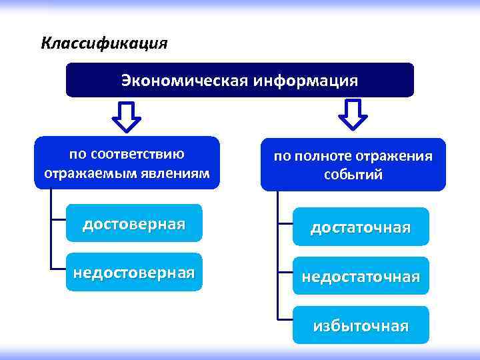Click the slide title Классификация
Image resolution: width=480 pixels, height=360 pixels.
tap(104, 44)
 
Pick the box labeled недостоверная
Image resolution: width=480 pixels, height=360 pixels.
tap(134, 272)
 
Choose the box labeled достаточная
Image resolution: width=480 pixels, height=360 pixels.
tap(361, 228)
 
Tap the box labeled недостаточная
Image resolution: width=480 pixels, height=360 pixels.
tap(361, 276)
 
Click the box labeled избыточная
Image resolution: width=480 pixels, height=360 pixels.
tap(361, 325)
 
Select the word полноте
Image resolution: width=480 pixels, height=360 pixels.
tap(326, 156)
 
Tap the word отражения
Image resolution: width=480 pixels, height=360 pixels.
tap(395, 156)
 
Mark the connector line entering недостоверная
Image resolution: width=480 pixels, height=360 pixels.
tap(57, 269)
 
